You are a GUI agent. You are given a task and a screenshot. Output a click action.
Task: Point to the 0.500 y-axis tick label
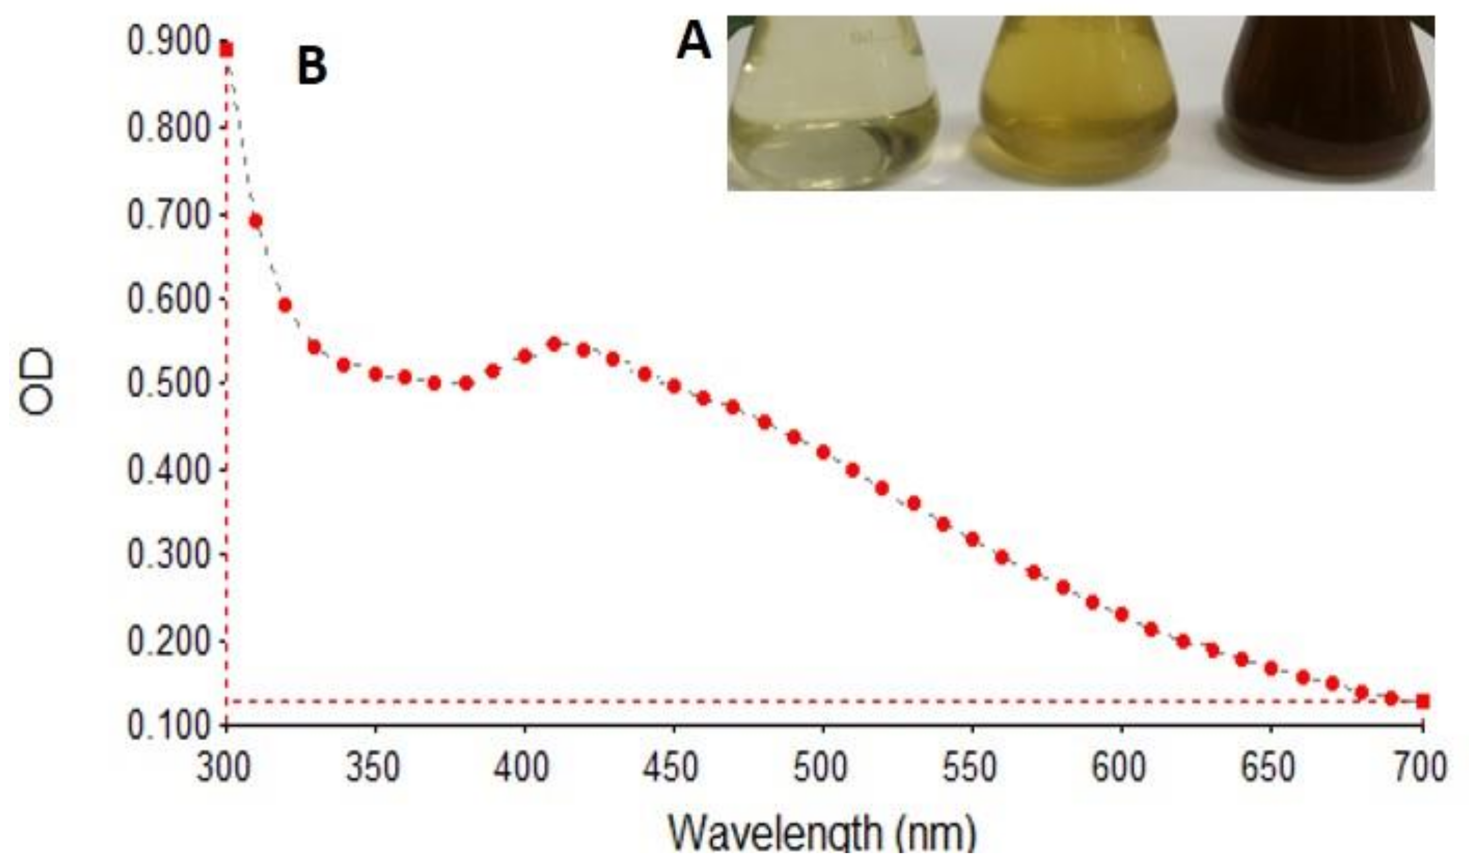168,384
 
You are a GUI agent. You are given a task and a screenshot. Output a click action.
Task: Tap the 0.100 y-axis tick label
168,726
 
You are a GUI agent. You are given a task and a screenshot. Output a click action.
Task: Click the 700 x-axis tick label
1421,766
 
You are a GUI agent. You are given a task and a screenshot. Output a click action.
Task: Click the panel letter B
312,66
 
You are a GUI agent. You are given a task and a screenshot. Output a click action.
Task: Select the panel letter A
694,45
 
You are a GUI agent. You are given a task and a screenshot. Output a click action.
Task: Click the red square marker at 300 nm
227,50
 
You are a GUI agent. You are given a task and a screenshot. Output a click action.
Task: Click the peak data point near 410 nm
554,344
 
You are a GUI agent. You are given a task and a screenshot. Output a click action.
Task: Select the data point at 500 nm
823,452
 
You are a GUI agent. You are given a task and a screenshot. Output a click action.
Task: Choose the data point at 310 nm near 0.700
255,221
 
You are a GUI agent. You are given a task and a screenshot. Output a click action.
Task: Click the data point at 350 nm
375,374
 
